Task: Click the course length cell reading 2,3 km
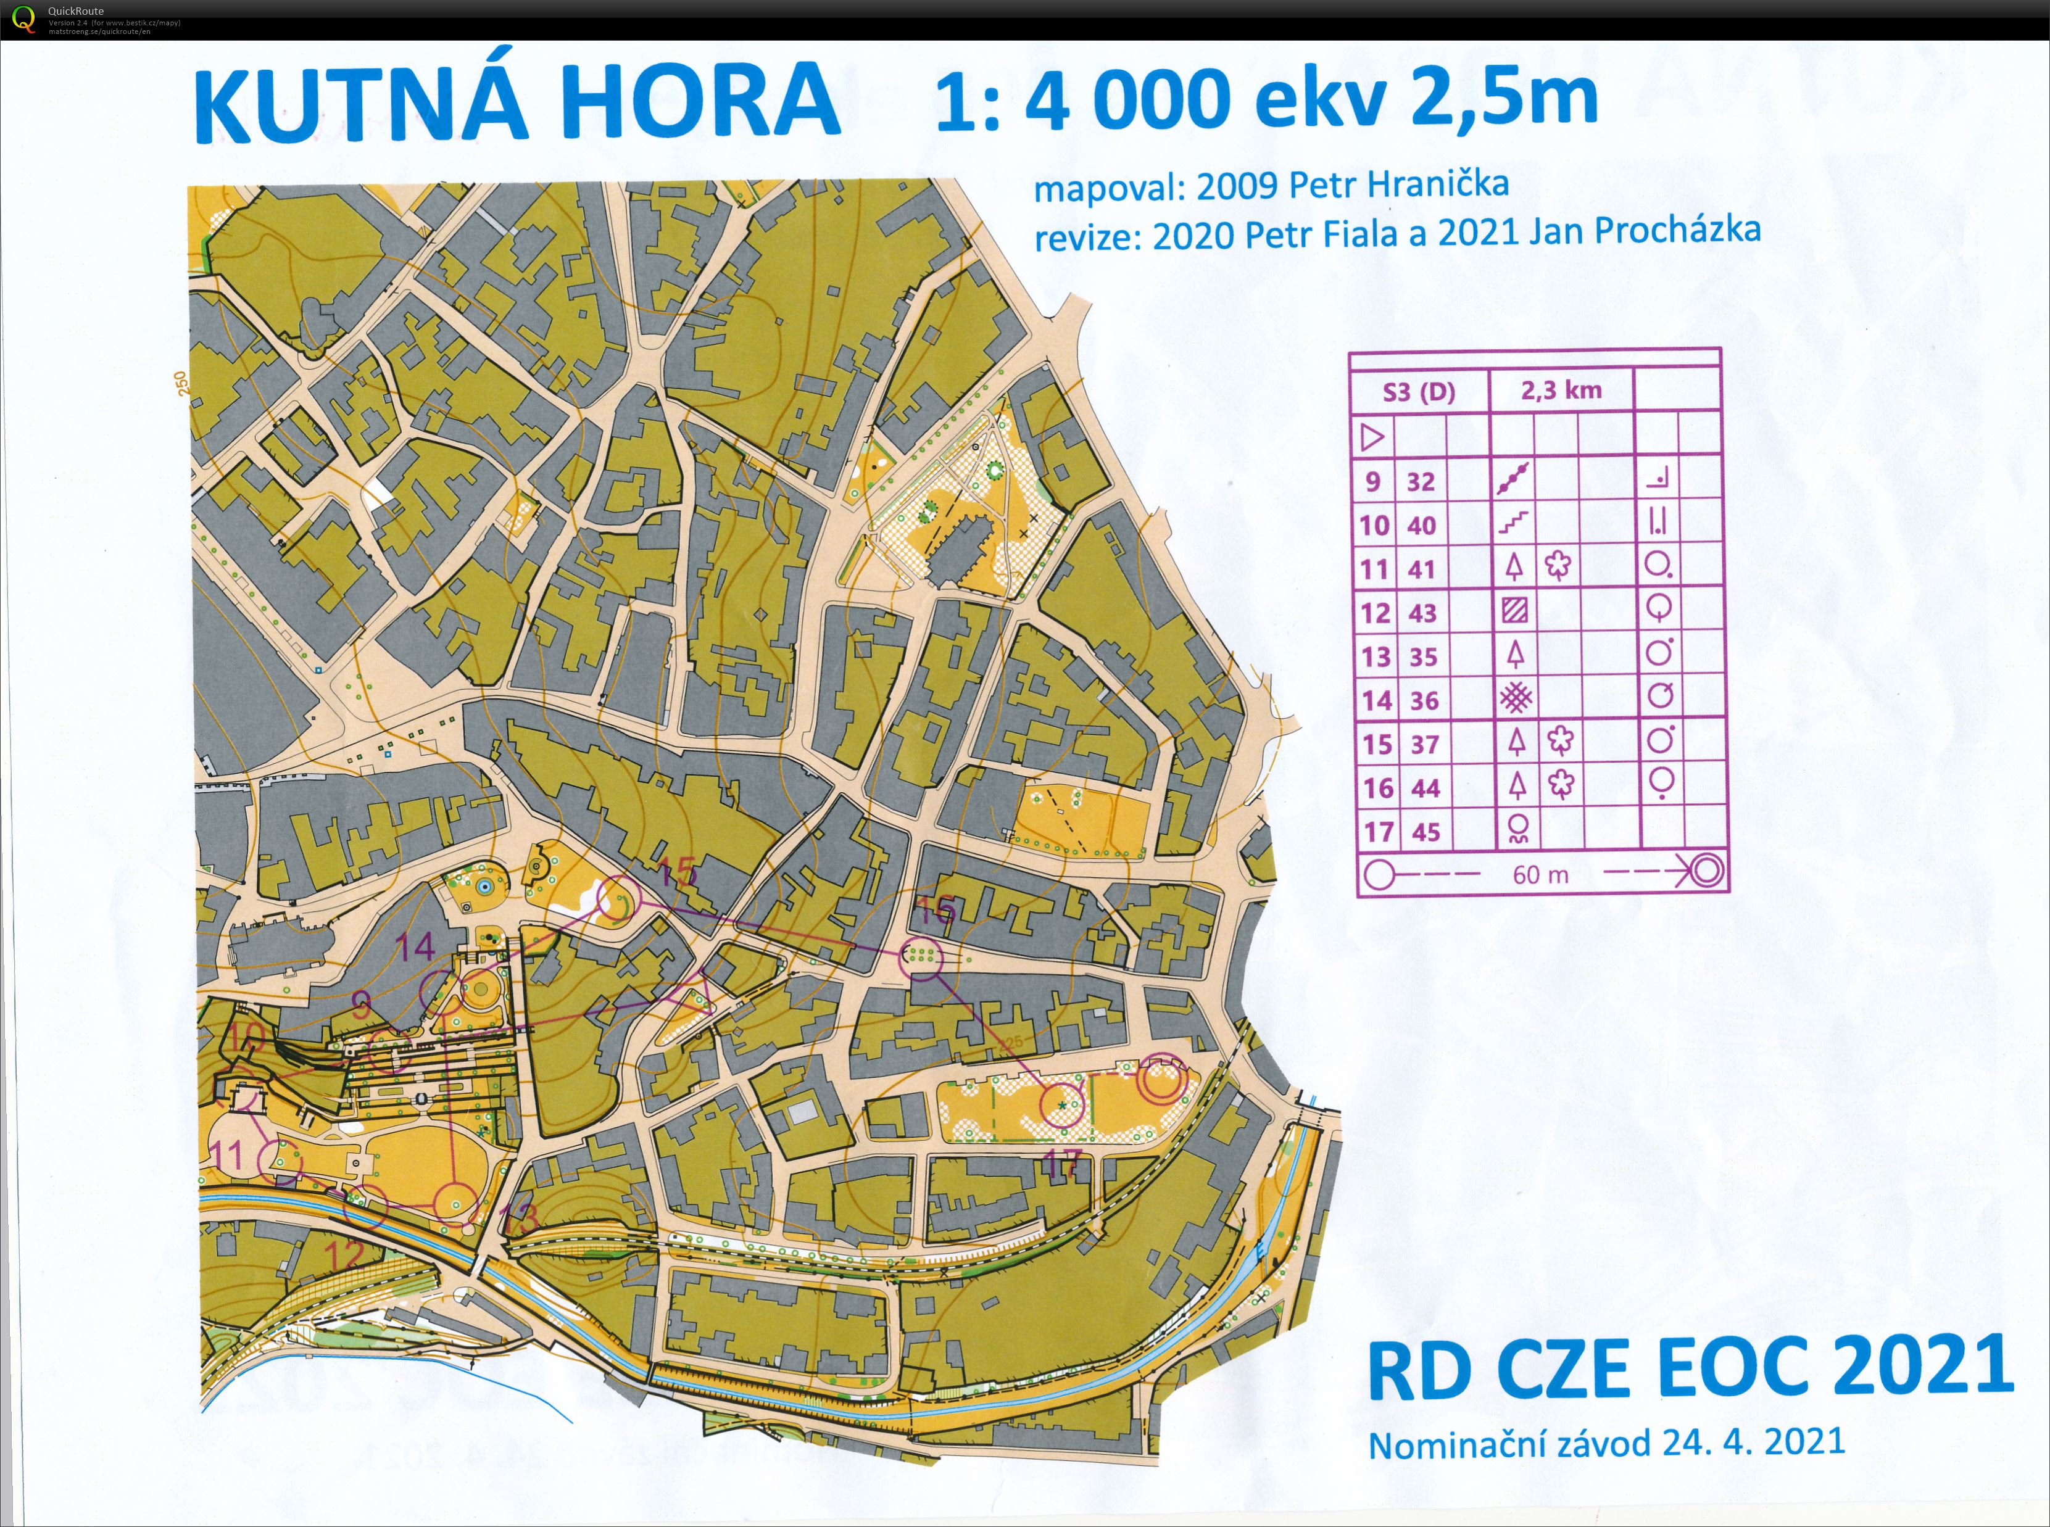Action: [1561, 390]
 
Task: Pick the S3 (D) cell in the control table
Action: [1419, 392]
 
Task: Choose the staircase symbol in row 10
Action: [1513, 524]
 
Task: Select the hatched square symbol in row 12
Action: [1514, 611]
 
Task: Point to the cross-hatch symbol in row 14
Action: [1515, 699]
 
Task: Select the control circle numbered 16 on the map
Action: [921, 957]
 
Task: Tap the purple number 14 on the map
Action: [416, 946]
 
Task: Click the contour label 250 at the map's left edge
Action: [180, 384]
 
